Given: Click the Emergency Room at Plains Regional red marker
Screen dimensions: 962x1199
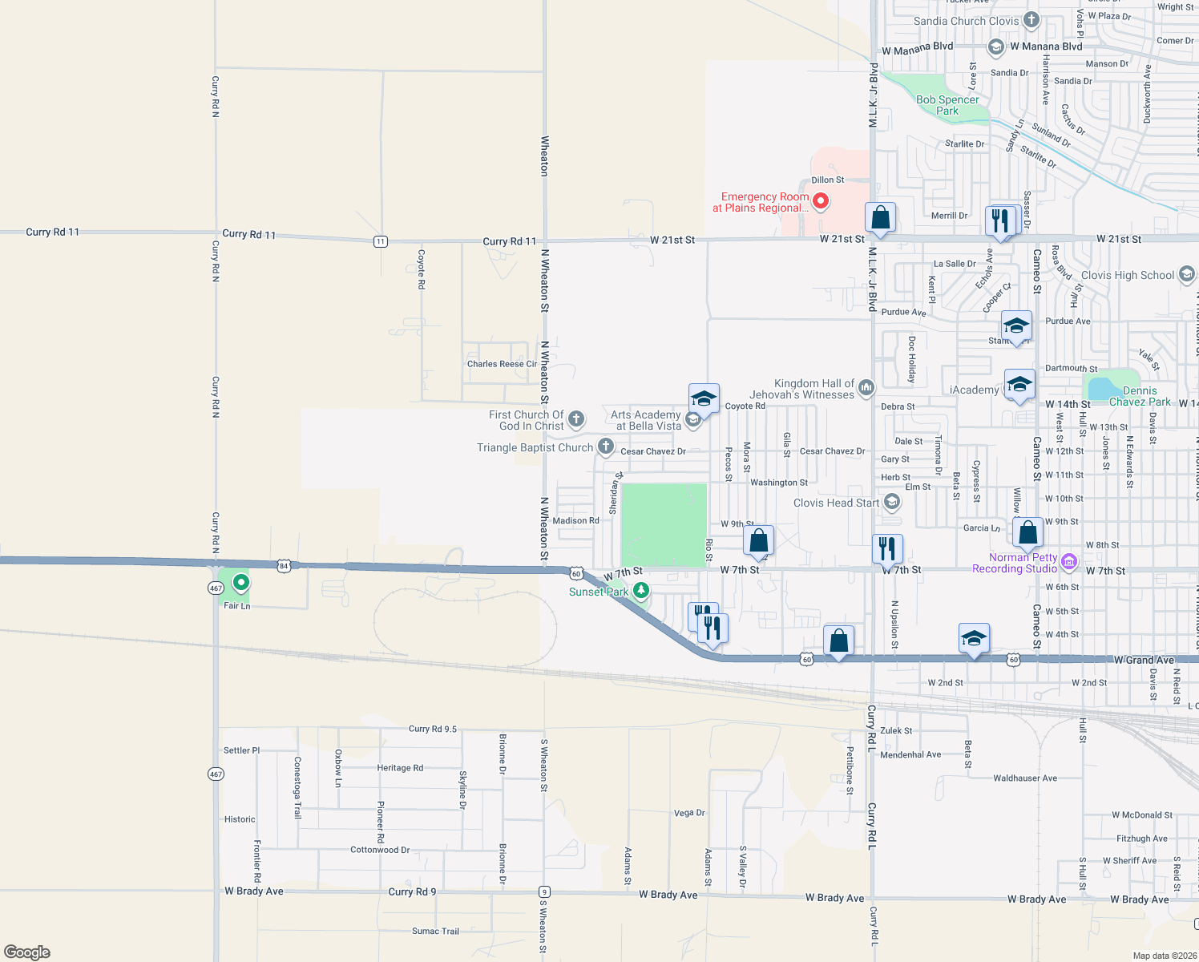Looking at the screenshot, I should (x=820, y=200).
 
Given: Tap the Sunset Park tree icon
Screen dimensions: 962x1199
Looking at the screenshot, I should (x=640, y=592).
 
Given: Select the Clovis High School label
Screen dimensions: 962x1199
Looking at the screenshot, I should (x=1127, y=275).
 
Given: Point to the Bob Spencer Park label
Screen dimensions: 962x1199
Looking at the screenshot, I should (x=947, y=105).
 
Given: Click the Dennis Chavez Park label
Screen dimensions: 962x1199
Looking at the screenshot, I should (x=1140, y=396).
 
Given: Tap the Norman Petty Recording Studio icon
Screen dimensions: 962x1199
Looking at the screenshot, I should (x=1068, y=562).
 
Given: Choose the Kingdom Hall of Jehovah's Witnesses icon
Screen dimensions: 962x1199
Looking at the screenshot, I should (x=866, y=389).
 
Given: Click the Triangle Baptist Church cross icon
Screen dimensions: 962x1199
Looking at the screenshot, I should (x=606, y=447).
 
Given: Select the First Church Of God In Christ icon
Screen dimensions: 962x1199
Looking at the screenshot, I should (x=575, y=419).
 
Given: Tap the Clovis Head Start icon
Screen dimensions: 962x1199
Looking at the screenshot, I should (x=892, y=503).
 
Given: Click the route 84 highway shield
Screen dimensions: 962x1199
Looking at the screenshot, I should (x=284, y=566).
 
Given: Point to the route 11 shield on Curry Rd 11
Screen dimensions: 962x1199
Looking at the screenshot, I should (x=381, y=241).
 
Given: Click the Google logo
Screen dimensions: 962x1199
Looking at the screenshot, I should (x=27, y=952).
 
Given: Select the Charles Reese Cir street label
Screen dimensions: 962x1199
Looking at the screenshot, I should (x=502, y=364).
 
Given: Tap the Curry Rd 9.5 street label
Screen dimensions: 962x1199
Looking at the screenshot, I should (x=433, y=729).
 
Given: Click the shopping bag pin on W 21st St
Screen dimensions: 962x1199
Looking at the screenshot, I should (x=880, y=218).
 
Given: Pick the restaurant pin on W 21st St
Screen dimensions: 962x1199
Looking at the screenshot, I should (x=1000, y=219).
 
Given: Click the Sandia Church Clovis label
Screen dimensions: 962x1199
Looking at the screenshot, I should (x=967, y=21).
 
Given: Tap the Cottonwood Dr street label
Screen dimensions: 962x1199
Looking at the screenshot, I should (x=380, y=850).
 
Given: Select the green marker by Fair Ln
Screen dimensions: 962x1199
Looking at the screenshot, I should (x=240, y=581).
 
